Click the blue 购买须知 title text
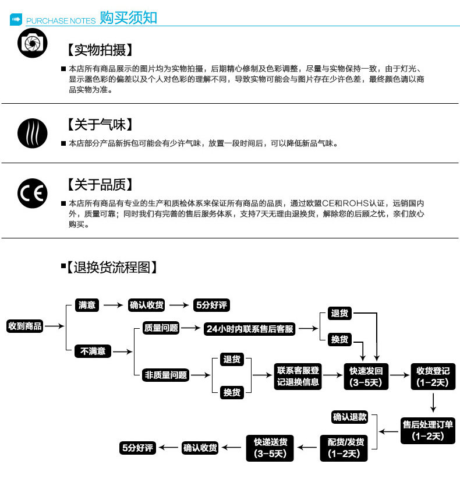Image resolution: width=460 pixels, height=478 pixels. pos(128,18)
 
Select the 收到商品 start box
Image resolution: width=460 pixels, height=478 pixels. pos(25,326)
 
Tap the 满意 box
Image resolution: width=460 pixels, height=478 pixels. pos(87,305)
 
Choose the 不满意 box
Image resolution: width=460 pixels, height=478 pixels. pos(93,352)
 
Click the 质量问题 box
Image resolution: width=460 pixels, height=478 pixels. pos(161,328)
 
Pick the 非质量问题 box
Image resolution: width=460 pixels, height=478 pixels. pos(166,375)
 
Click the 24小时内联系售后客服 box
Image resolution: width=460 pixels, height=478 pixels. pos(250,329)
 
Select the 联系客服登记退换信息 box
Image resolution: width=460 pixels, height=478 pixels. pos(298,376)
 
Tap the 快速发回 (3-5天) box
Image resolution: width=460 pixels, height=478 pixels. pos(365,377)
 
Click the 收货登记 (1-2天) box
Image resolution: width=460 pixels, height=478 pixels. pos(433,377)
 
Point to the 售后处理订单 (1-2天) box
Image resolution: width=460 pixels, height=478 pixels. pos(428,430)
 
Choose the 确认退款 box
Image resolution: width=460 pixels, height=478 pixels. pos(349,417)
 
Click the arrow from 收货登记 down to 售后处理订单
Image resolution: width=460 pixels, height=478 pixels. pos(433,402)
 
